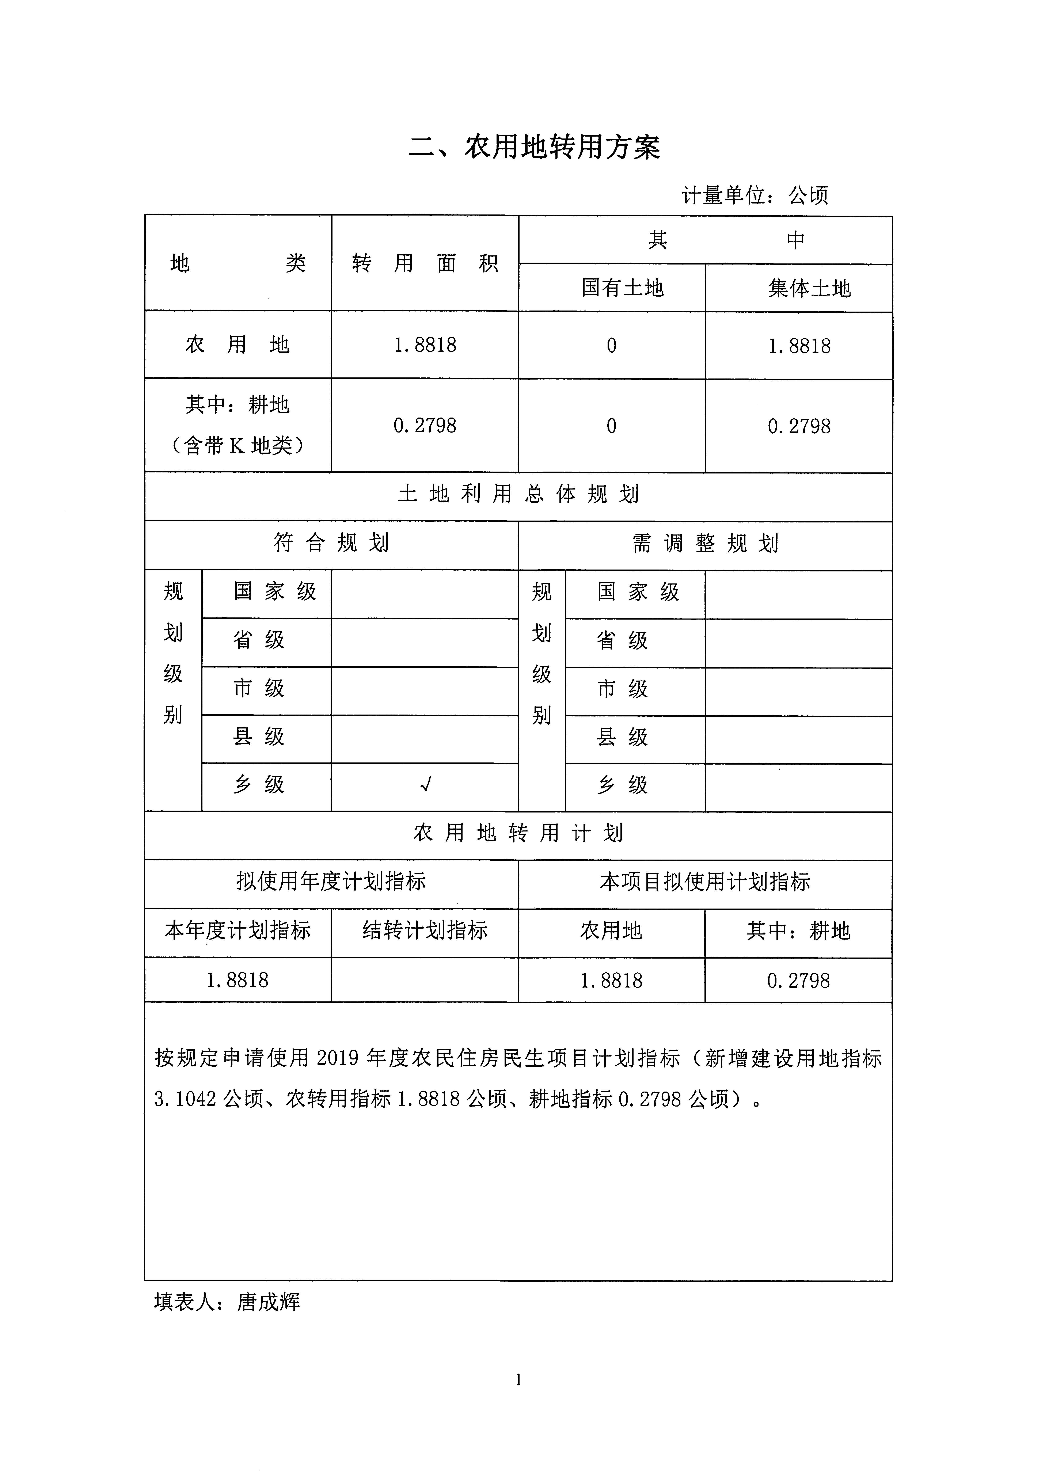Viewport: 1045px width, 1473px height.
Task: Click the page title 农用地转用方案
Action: click(534, 147)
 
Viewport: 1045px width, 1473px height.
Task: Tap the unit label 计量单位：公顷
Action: click(755, 195)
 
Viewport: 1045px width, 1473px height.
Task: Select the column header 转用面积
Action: click(425, 263)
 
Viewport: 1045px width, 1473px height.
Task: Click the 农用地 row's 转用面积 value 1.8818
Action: click(425, 345)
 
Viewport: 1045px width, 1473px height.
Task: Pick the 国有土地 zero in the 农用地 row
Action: click(611, 346)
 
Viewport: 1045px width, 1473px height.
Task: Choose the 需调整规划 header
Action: click(705, 544)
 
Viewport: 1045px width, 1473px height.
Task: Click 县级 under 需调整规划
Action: click(622, 737)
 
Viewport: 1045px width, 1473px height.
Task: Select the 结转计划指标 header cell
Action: click(425, 930)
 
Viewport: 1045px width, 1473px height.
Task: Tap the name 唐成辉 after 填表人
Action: click(268, 1302)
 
